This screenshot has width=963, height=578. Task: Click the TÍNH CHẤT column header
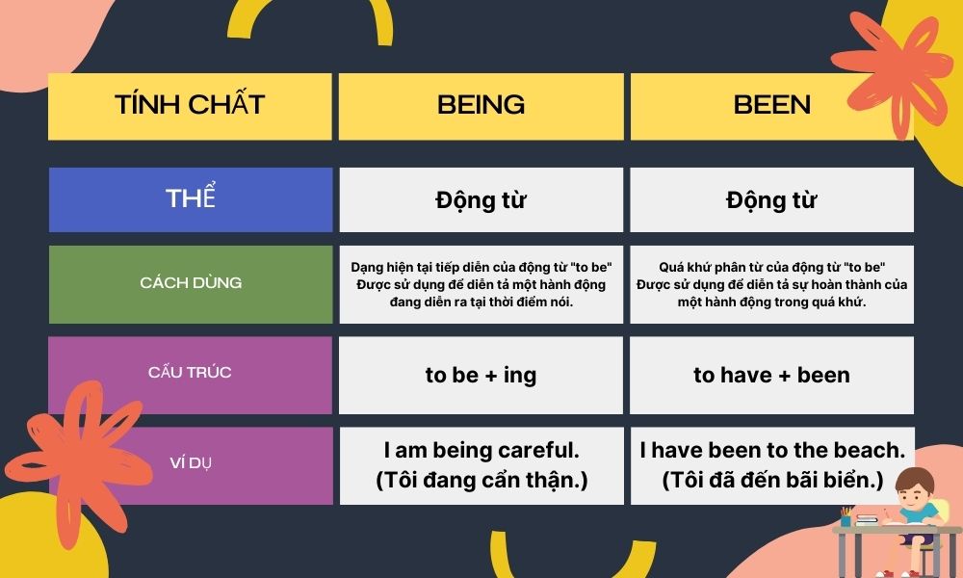point(190,106)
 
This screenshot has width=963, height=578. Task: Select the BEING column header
point(481,106)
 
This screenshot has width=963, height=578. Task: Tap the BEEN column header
point(772,106)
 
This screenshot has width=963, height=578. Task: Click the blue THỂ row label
point(191,199)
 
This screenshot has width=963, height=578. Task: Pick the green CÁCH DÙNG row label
point(191,284)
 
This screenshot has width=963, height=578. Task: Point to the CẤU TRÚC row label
point(190,375)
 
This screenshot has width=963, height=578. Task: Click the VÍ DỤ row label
point(191,465)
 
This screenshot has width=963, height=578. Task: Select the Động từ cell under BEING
point(481,199)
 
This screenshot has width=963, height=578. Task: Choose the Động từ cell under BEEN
point(772,199)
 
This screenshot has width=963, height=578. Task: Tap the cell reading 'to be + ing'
point(481,375)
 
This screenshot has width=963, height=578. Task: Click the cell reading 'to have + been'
point(772,375)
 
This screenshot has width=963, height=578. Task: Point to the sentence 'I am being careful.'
point(481,450)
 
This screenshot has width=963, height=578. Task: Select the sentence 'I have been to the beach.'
point(772,450)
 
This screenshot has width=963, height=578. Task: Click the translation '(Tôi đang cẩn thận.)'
point(481,480)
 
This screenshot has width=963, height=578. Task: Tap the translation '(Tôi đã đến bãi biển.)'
point(772,480)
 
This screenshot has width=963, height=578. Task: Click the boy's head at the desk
point(915,485)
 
